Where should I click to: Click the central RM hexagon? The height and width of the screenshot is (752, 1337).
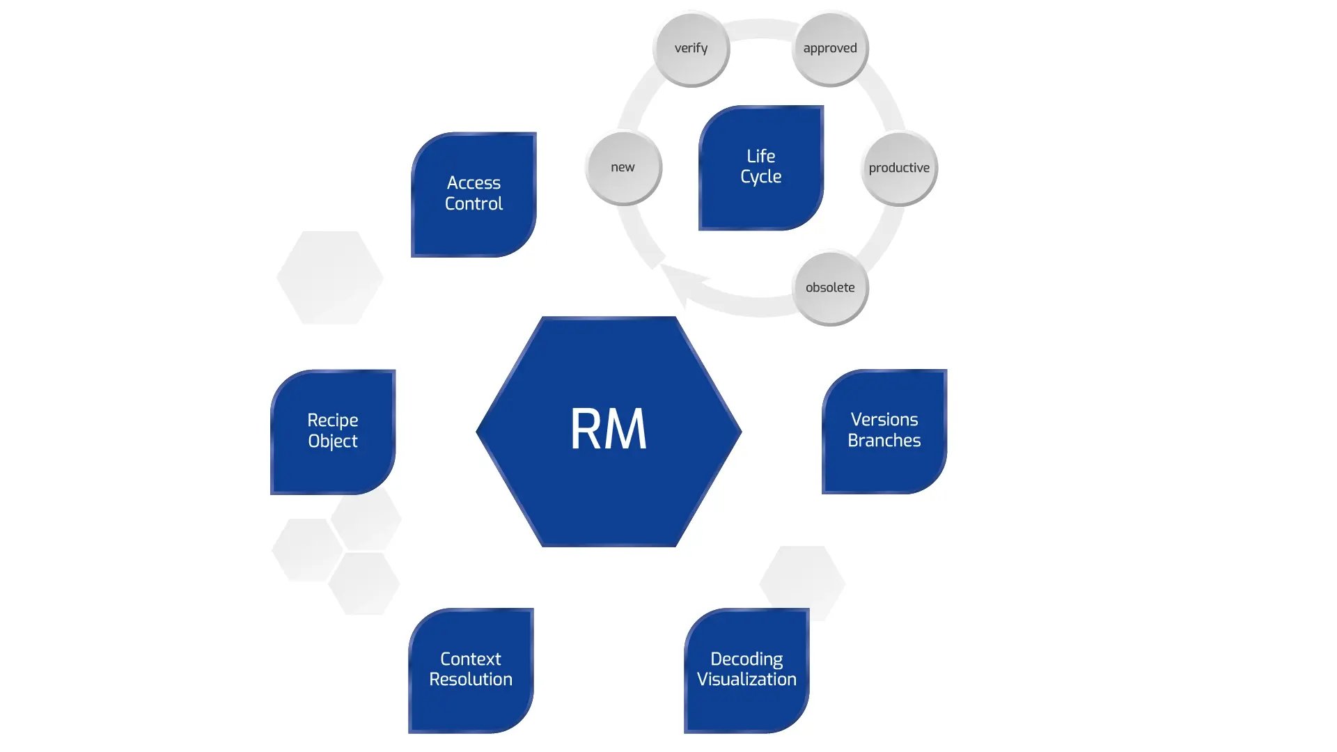point(609,431)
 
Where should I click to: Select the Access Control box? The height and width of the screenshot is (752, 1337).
point(474,194)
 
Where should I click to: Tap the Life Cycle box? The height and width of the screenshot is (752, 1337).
point(760,167)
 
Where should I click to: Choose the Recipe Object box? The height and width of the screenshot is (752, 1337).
point(333,431)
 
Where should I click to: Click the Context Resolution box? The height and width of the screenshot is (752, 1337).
point(471,669)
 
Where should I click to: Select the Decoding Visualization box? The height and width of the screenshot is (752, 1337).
point(746,669)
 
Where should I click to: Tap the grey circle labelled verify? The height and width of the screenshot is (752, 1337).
point(691,49)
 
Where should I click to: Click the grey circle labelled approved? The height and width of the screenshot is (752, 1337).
point(830,49)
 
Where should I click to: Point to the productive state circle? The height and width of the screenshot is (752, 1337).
point(899,168)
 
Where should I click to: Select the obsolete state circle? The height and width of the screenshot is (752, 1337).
point(830,288)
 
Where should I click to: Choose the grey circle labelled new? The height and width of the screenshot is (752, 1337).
point(623,167)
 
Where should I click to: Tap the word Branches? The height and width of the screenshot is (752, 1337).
point(884,441)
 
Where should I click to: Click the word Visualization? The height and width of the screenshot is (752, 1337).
point(746,680)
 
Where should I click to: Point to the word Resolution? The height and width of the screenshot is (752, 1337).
point(471,680)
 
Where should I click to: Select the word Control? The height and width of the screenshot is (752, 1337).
point(474,204)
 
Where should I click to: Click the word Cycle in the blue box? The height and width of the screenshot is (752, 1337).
point(760,177)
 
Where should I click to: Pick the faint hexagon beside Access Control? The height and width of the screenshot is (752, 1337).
point(330,277)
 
